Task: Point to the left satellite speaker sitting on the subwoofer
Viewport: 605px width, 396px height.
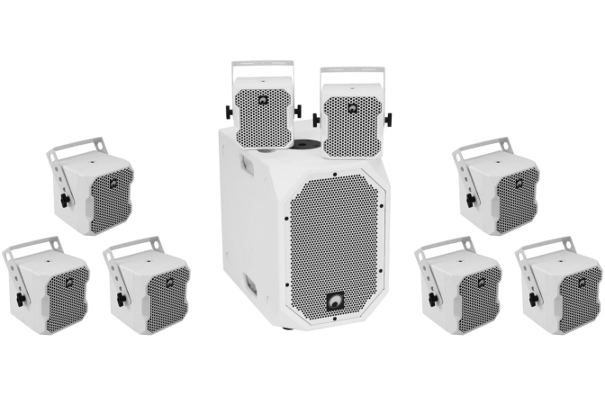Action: (x=263, y=115)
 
